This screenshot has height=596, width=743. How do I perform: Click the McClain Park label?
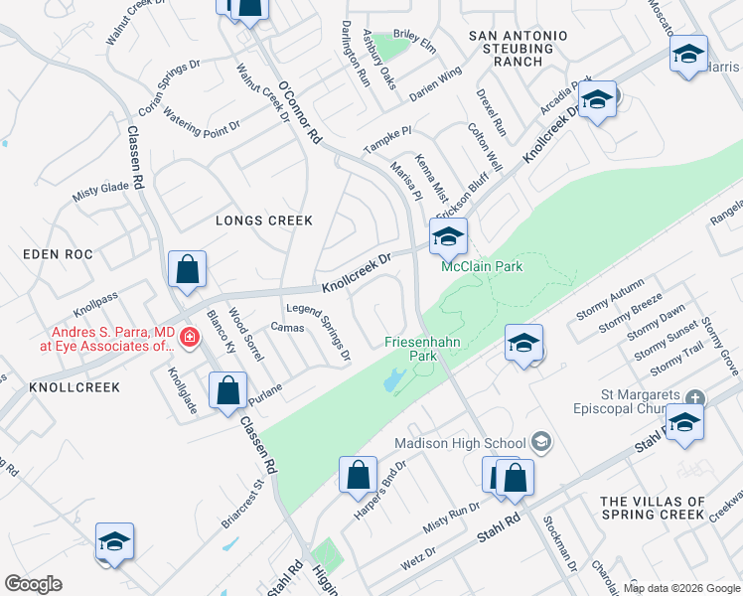482,266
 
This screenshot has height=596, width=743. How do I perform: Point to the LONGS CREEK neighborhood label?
264,221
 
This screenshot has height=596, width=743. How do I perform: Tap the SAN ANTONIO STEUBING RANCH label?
518,49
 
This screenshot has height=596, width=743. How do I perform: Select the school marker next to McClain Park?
448,237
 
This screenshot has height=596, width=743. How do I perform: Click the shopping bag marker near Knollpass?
187,269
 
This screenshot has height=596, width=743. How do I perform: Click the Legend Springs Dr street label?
320,331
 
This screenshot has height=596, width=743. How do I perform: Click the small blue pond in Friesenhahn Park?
392,379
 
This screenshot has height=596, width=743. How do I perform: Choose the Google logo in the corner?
33,584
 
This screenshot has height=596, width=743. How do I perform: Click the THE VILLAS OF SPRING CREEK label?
653,508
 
